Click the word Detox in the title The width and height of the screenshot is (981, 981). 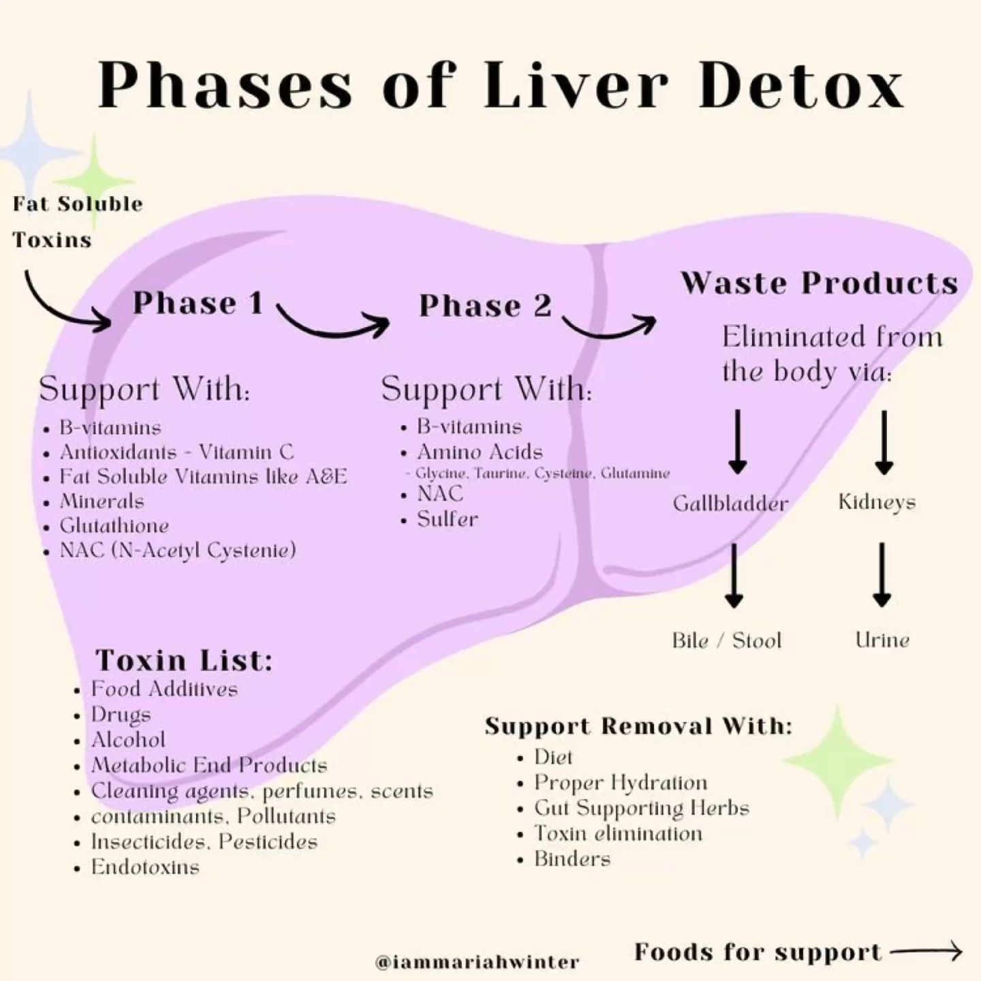point(801,87)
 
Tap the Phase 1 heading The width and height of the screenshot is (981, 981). point(198,303)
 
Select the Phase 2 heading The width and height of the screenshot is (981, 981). point(485,305)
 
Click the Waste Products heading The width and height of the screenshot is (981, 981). point(819,283)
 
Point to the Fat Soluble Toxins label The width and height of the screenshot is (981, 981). point(77,221)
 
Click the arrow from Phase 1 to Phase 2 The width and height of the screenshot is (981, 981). point(334,324)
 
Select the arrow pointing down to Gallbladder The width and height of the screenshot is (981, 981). point(737,441)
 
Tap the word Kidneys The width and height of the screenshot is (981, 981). point(877,502)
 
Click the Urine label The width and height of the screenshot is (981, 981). point(882,640)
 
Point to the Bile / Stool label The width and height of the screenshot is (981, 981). point(726,640)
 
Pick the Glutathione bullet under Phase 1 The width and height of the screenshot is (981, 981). point(114,525)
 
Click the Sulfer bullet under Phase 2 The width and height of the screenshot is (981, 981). point(447,519)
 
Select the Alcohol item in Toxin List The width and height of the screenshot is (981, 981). point(128,740)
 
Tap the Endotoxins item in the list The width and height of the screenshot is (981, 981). point(145,867)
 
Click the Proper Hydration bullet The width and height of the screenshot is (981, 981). point(620,782)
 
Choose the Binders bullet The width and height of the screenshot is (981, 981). point(572,858)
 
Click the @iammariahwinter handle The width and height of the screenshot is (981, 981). point(477,962)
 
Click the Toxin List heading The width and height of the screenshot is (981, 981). point(184,660)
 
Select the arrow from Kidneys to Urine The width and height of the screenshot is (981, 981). point(882,574)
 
